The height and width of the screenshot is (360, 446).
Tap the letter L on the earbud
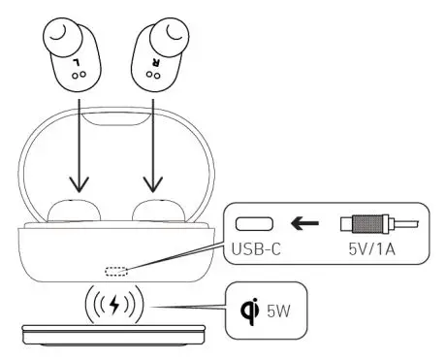[76, 60]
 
